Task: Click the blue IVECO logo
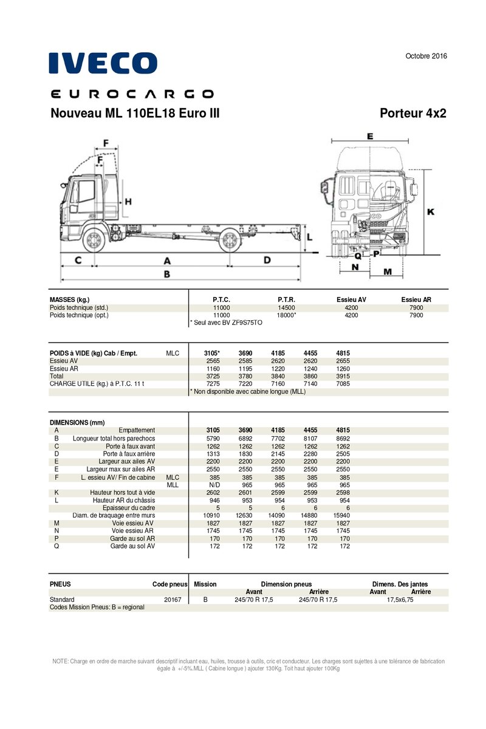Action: [103, 63]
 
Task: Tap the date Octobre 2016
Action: [426, 56]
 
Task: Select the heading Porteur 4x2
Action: [412, 114]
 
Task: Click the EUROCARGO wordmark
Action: [132, 94]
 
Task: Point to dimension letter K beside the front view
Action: [430, 211]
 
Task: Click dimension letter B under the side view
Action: [166, 274]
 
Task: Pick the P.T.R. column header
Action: [286, 299]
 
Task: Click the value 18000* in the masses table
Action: [286, 315]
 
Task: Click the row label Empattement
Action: [137, 430]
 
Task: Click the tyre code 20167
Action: [173, 599]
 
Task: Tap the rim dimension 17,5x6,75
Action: [400, 599]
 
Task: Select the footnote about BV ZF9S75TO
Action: [226, 323]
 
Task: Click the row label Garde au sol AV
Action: [132, 546]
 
